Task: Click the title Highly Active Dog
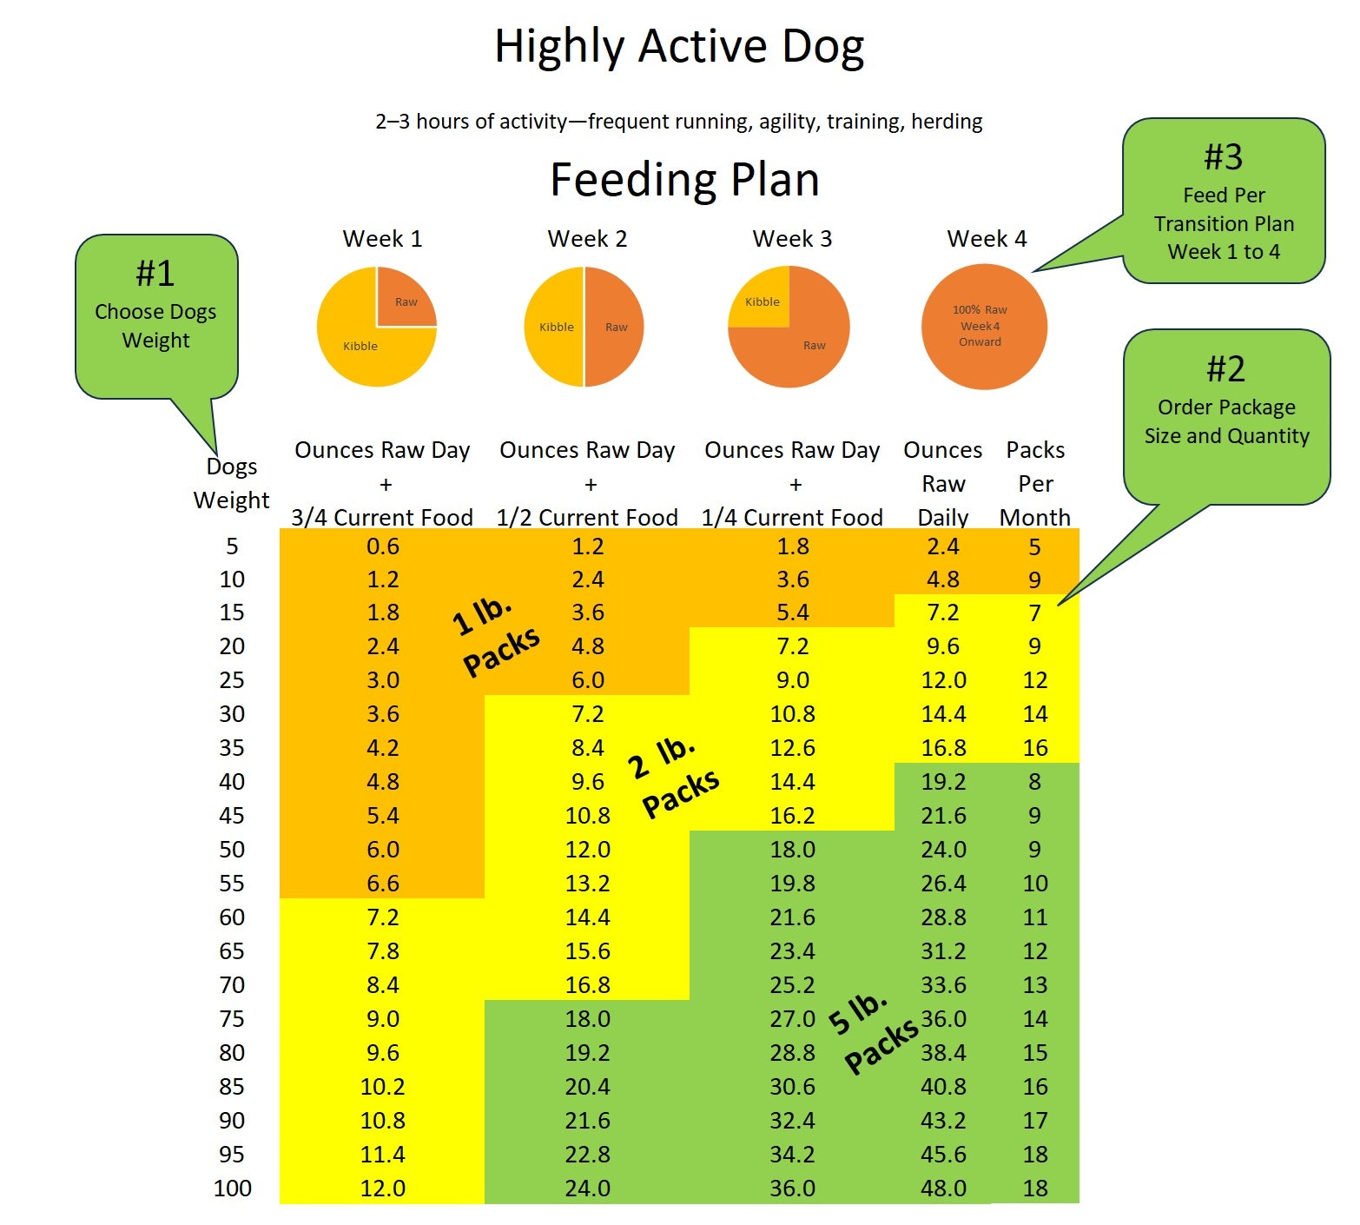679,47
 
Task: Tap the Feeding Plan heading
684,180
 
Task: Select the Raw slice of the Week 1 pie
405,298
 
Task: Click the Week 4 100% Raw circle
983,326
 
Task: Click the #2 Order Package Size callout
1226,408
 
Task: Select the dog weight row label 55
232,884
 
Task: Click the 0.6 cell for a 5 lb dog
382,546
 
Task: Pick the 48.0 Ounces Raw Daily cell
943,1188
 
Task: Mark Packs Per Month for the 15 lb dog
1034,613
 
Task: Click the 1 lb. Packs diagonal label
496,637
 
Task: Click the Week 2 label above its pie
587,239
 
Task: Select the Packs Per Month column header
1035,483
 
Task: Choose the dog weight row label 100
233,1188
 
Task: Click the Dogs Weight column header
231,483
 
